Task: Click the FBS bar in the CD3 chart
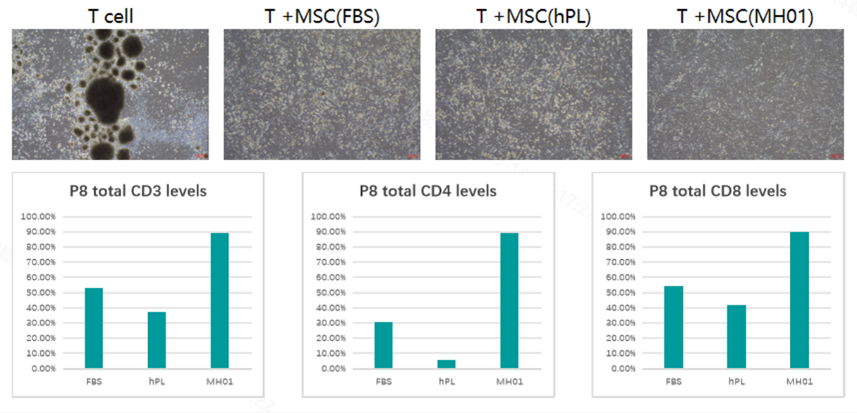pos(94,328)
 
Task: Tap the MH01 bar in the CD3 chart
pos(219,301)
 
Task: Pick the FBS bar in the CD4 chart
pos(383,345)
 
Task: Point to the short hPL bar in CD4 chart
pos(446,364)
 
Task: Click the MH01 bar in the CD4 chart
pos(509,301)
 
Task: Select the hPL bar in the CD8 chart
pos(736,337)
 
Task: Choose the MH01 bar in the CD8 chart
pos(799,300)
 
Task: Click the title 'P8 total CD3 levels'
pos(137,191)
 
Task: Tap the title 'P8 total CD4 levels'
pos(427,191)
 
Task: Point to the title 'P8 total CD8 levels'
pos(717,191)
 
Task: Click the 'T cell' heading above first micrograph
pos(111,16)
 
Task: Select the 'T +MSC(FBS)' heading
pos(322,16)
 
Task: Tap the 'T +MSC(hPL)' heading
pos(533,16)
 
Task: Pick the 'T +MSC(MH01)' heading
pos(745,16)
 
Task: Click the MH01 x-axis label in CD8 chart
pos(799,382)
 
